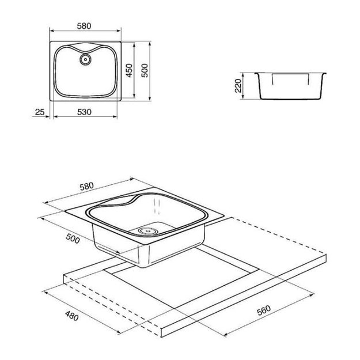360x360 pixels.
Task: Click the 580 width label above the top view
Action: coord(84,26)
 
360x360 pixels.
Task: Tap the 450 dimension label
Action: coord(129,70)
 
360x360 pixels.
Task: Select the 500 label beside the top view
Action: coord(145,70)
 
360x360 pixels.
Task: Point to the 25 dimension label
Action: coord(40,112)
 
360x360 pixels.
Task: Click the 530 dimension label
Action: coord(84,112)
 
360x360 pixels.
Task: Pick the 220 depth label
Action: coord(238,86)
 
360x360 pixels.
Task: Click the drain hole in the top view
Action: coord(85,59)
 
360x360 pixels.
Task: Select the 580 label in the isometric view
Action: coord(86,187)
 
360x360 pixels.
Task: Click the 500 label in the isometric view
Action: coord(73,238)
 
